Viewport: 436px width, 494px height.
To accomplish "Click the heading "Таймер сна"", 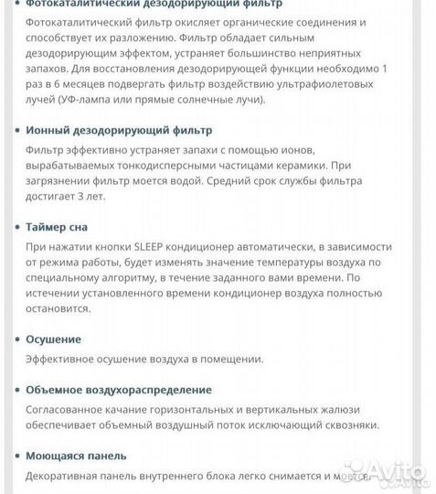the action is click(x=58, y=226).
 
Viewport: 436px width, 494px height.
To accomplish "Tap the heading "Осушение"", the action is click(x=54, y=338).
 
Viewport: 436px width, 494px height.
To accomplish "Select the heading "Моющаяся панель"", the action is click(x=76, y=456).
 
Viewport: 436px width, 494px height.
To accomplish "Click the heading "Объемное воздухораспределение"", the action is click(x=119, y=390).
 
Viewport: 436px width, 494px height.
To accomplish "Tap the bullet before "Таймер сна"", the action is click(x=17, y=226).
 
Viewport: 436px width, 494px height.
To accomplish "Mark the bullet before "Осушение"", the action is click(x=17, y=339).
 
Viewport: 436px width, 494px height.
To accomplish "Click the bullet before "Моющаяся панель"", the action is click(x=17, y=456).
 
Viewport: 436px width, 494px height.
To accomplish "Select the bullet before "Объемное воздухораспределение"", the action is click(x=17, y=391).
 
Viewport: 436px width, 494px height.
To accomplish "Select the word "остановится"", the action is click(x=58, y=308).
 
